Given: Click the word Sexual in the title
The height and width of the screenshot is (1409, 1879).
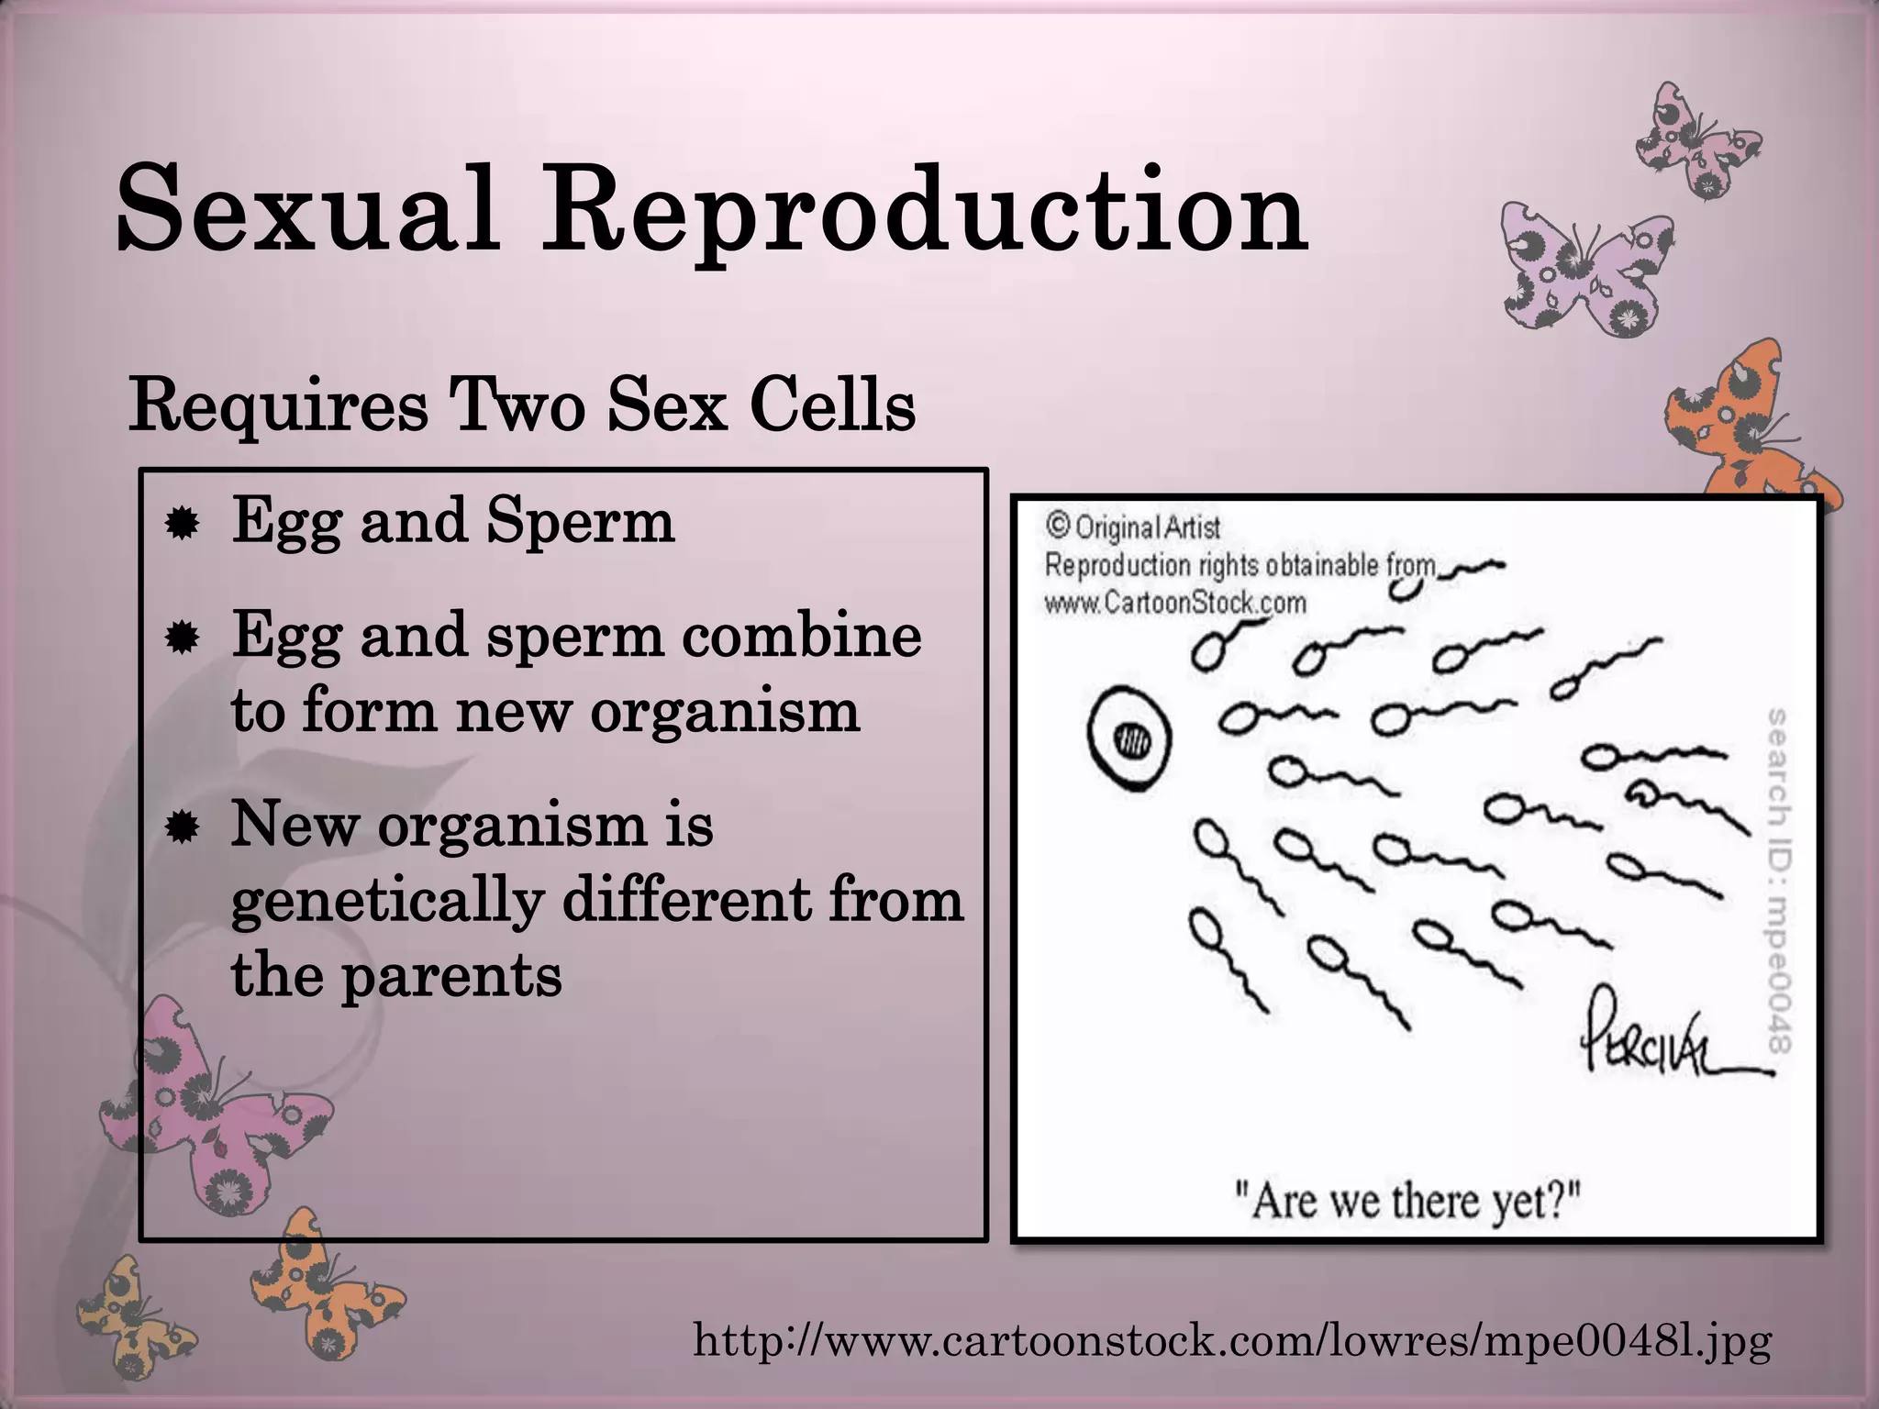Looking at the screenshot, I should coord(307,209).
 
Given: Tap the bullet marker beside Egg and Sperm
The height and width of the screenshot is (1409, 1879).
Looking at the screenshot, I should coord(182,524).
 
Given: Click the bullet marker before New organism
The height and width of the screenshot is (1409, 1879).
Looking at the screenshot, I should coord(182,828).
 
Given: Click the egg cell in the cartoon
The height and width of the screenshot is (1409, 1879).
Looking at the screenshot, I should coord(1129,736).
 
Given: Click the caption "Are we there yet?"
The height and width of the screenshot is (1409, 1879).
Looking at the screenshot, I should coord(1408,1200).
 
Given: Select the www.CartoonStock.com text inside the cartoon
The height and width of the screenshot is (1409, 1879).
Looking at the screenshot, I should coord(1175,603).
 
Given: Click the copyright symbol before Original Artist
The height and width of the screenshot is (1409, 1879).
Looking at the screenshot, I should coord(1058,526).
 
